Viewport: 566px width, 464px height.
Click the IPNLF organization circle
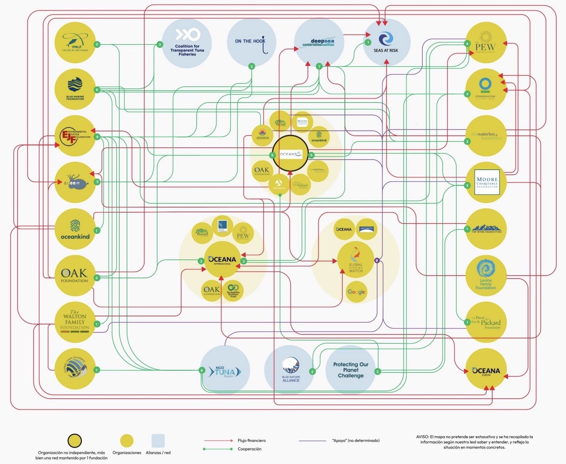pos(75,42)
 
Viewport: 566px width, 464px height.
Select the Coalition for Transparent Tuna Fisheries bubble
pos(187,43)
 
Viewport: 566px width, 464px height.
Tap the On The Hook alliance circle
pos(251,42)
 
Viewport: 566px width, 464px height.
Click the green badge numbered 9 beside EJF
pos(97,137)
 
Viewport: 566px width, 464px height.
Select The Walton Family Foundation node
pos(75,322)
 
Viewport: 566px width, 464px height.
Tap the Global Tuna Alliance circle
pos(75,369)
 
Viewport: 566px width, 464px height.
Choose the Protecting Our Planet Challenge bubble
pos(351,370)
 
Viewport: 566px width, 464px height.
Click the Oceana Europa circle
pos(486,370)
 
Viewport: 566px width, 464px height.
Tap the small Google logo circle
pos(356,292)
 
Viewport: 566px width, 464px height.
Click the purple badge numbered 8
pos(377,261)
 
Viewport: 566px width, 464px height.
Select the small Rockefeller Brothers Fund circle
pos(233,291)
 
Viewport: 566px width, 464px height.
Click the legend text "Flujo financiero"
pos(252,441)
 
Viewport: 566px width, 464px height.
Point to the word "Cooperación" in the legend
pos(249,449)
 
